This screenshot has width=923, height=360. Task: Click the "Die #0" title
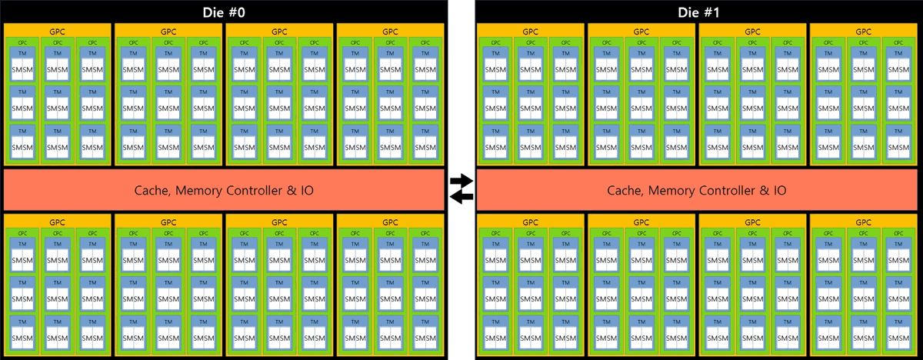point(224,12)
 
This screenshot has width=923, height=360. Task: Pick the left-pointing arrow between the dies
point(461,197)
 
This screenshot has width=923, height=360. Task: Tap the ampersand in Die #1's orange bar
point(758,189)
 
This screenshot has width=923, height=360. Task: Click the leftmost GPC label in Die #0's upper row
point(58,31)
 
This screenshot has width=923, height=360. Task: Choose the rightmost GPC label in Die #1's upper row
point(863,31)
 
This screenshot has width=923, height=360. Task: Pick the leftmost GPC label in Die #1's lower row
point(530,222)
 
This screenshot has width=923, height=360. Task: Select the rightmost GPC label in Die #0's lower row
point(390,222)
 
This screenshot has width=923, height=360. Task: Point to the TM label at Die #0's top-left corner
point(22,53)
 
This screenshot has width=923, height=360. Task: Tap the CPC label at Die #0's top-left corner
point(22,42)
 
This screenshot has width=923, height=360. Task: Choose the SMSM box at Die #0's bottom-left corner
point(22,338)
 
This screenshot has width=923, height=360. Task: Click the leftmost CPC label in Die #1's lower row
point(495,233)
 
